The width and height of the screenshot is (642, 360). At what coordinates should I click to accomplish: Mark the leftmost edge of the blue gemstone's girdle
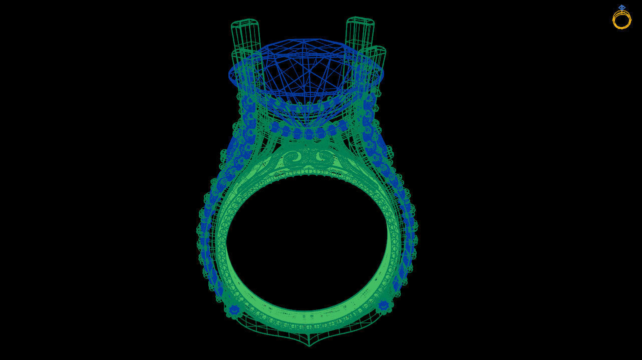click(x=230, y=75)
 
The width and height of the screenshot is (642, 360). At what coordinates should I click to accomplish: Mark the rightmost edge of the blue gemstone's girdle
click(x=383, y=75)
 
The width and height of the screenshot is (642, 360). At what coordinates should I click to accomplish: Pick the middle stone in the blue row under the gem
click(x=308, y=134)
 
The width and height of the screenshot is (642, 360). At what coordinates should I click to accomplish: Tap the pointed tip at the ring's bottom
click(x=309, y=345)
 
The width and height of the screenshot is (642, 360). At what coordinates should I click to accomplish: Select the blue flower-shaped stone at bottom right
click(x=384, y=305)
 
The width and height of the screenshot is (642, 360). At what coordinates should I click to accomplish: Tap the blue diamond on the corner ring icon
click(x=621, y=8)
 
